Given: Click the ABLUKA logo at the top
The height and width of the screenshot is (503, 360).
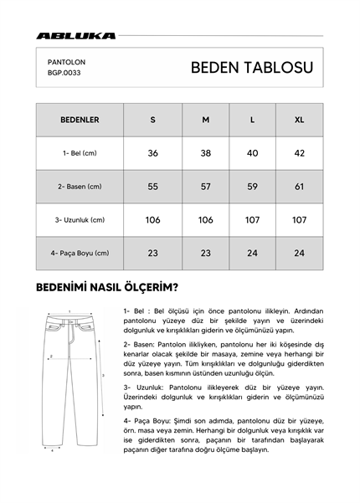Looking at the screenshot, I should pos(75,36).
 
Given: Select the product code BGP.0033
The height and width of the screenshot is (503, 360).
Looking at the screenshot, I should pos(64,73).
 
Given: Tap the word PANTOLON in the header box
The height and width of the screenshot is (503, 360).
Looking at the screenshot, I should pos(66,61).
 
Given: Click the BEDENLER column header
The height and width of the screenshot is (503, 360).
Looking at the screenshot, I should pos(80,120).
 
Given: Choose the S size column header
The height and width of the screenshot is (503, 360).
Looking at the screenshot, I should pos(152,120).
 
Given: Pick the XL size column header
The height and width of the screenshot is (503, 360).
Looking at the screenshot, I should pos(299,120).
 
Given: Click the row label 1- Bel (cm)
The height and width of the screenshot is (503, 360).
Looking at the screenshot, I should pos(80,153).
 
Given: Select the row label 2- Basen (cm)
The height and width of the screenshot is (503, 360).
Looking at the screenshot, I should pos(80,187).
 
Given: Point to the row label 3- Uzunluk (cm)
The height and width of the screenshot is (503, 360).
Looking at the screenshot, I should pos(80,220).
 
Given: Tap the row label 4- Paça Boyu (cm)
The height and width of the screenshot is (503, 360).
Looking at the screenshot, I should pos(80,254).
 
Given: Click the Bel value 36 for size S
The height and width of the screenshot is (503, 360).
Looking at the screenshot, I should pos(152,153).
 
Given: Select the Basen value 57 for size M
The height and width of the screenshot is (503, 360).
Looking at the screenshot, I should pos(205,187).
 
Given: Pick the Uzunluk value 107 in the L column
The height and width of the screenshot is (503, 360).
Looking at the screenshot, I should pos(253,220).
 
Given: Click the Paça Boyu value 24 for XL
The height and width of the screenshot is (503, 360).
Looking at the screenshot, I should pos(299,254).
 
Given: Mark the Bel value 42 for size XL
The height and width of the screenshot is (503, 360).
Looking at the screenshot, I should pos(299,153).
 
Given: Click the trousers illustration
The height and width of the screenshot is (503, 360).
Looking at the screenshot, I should pos(70,381).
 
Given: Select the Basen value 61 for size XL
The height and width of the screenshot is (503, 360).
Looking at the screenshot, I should pos(299,187).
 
